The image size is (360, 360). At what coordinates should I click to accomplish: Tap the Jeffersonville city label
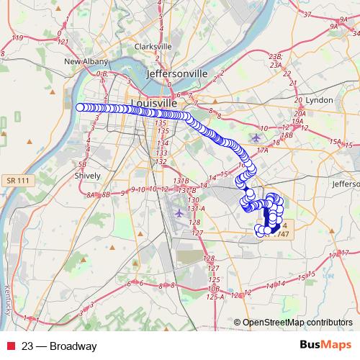[x=176, y=74]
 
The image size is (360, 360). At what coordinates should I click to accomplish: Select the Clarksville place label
[x=153, y=46]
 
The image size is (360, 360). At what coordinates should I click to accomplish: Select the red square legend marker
[x=11, y=346]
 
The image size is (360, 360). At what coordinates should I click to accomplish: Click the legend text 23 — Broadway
[x=59, y=346]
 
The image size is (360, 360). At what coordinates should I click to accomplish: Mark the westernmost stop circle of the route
[x=80, y=107]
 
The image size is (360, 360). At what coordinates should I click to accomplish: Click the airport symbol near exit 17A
[x=258, y=137]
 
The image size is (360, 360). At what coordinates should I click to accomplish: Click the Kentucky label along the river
[x=7, y=296]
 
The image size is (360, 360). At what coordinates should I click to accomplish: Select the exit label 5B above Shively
[x=82, y=163]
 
